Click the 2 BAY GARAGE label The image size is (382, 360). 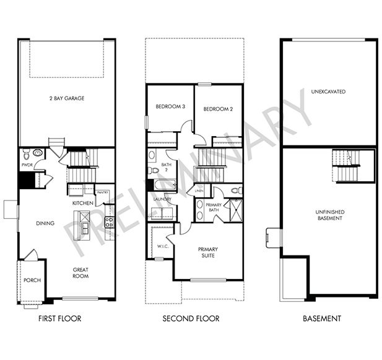66,98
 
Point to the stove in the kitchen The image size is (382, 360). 109,223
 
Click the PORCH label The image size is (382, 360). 32,280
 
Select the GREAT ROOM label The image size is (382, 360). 80,272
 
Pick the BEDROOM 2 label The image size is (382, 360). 218,109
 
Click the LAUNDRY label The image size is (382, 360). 163,199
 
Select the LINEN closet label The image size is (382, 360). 199,191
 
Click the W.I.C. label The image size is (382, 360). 163,246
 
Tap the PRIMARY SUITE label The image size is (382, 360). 208,252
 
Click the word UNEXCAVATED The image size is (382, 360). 328,92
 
